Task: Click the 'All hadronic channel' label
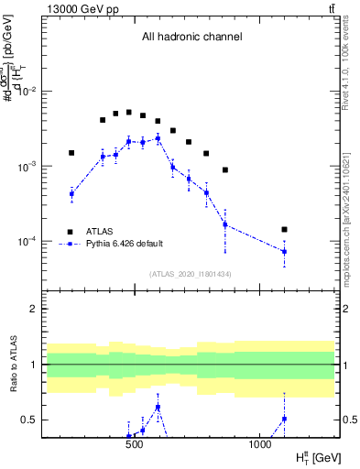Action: click(191, 38)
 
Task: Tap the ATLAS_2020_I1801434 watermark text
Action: click(191, 274)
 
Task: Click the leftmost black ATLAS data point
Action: click(71, 153)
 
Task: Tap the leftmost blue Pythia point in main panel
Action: click(71, 193)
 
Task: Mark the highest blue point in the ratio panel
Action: click(158, 407)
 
